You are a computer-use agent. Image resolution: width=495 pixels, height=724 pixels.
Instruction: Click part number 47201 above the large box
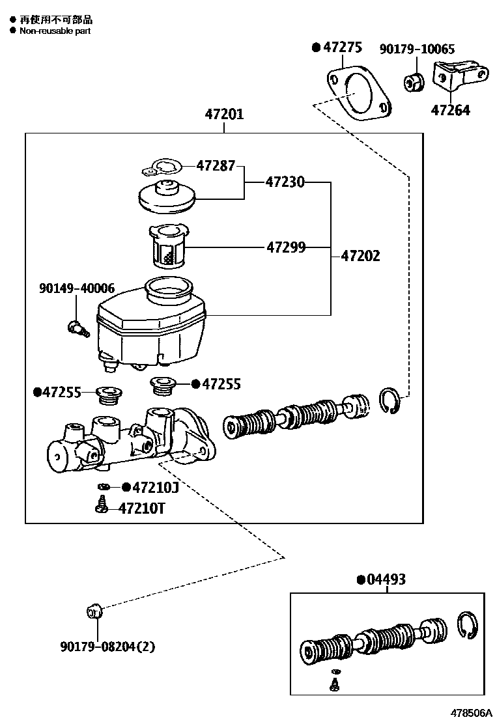[224, 114]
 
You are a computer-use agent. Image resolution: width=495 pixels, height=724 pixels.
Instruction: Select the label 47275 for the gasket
[343, 47]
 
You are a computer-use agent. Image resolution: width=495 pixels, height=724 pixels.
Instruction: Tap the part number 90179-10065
[417, 49]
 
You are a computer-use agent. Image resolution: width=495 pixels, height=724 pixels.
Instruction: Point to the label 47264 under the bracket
[450, 110]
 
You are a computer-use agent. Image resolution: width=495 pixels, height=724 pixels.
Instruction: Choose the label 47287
[216, 165]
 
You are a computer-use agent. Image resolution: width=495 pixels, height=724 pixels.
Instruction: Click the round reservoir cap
[167, 197]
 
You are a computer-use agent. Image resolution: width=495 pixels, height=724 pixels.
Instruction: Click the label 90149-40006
[77, 288]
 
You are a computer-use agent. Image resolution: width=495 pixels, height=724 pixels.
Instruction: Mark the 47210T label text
[142, 508]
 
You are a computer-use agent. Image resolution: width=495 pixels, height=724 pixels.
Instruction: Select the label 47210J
[156, 487]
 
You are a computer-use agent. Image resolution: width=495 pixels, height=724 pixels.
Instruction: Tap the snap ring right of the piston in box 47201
[390, 401]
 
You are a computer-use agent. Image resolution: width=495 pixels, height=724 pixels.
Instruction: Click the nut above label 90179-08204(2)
[94, 612]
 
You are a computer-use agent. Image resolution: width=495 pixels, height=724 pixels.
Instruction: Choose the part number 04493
[386, 579]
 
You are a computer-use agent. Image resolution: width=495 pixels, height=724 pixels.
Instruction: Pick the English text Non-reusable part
[55, 31]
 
